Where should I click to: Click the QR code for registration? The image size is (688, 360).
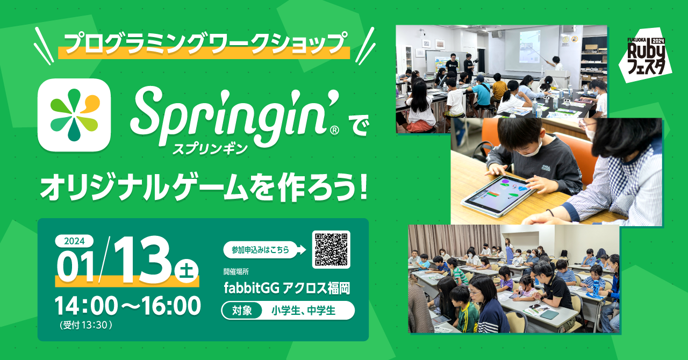[x=331, y=249]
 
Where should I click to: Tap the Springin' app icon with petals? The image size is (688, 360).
[x=74, y=115]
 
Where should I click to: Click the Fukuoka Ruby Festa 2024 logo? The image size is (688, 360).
[x=646, y=55]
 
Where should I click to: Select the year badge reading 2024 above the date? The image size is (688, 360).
[x=74, y=241]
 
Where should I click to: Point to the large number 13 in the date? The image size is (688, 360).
[x=142, y=260]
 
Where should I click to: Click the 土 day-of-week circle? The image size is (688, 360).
[x=186, y=271]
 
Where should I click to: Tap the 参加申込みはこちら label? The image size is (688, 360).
[x=261, y=250]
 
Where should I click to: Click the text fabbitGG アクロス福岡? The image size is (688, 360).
[x=287, y=288]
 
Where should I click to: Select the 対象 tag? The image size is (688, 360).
[x=242, y=311]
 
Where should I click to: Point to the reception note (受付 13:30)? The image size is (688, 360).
[x=86, y=325]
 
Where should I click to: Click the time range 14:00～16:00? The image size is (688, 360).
[x=128, y=306]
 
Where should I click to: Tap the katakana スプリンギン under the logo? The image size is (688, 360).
[x=210, y=149]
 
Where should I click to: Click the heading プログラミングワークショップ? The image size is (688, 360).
[x=205, y=44]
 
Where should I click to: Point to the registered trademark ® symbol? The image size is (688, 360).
[x=334, y=130]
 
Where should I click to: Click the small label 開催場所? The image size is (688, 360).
[x=236, y=271]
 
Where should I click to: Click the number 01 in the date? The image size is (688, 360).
[x=76, y=267]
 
